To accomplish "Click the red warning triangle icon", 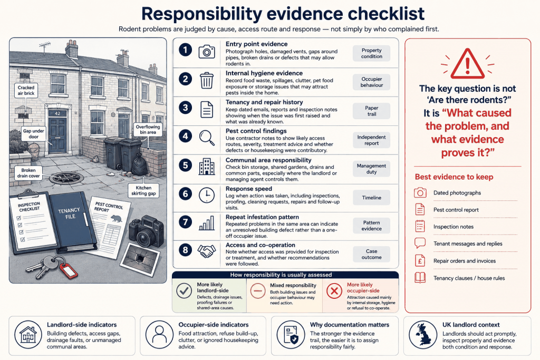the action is click(x=468, y=64).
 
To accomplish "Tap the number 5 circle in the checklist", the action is click(x=185, y=166).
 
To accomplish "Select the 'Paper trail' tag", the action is click(x=372, y=111).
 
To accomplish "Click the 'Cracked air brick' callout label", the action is click(x=26, y=90).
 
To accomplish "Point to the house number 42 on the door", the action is click(x=57, y=113).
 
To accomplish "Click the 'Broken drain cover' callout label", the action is click(x=28, y=173).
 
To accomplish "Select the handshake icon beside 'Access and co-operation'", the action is click(x=207, y=251).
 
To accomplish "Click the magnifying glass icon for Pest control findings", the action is click(x=207, y=138).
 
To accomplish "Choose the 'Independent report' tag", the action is click(x=372, y=140).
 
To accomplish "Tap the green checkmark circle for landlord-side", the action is click(x=184, y=291).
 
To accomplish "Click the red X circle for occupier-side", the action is click(x=334, y=291).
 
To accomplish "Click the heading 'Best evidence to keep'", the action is click(x=454, y=177).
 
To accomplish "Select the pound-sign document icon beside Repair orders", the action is click(x=420, y=260).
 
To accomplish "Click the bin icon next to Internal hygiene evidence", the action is click(x=207, y=81).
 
